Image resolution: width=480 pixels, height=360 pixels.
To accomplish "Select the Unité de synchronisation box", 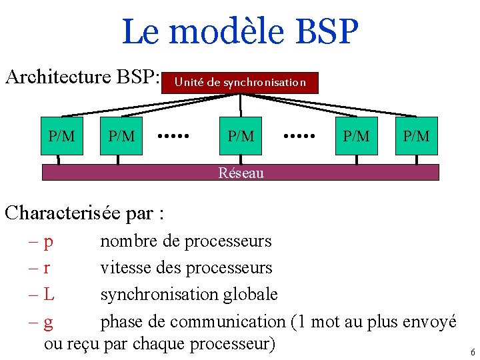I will [x=240, y=83].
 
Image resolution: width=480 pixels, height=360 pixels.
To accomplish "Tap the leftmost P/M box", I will [x=62, y=136].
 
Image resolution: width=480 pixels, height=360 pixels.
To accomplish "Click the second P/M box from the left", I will [x=121, y=136].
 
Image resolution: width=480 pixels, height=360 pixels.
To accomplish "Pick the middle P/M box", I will [x=241, y=136].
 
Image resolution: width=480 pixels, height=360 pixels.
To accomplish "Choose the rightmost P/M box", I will [x=417, y=136].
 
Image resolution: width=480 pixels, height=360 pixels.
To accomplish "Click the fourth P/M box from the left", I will [x=356, y=136].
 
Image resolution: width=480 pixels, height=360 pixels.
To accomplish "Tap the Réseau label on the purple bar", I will [x=241, y=173].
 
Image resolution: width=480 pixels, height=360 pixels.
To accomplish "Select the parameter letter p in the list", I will [x=49, y=242].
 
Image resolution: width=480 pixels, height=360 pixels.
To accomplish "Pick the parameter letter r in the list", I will [x=47, y=268].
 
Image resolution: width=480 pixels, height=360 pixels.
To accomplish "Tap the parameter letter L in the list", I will [x=49, y=294].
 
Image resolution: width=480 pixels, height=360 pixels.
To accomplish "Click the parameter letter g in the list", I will [x=49, y=323].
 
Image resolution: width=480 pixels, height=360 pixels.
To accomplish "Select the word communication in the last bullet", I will [x=227, y=321].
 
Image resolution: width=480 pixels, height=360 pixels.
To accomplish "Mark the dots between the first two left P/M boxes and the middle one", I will [x=174, y=135].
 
